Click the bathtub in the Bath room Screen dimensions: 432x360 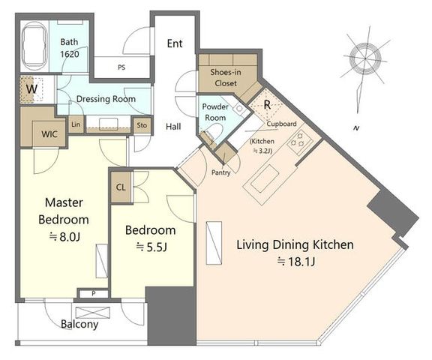click(x=34, y=46)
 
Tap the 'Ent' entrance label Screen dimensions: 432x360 click(x=175, y=43)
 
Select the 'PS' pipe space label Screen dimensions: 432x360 click(x=121, y=67)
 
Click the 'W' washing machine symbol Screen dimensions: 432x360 click(x=31, y=89)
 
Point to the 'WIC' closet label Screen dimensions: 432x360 click(x=49, y=134)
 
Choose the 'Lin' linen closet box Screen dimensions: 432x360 click(x=76, y=124)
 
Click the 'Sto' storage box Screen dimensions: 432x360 click(x=142, y=125)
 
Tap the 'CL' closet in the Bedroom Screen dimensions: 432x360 click(x=121, y=187)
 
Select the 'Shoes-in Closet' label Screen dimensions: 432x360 click(x=226, y=77)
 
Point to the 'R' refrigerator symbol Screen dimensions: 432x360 click(x=266, y=105)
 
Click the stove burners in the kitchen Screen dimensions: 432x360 click(x=300, y=140)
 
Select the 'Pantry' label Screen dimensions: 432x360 click(x=220, y=172)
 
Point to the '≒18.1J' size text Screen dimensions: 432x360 click(x=296, y=261)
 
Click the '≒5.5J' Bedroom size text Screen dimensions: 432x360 click(x=151, y=247)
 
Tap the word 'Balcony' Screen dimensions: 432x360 click(x=79, y=324)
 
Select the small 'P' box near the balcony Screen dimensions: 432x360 click(x=94, y=293)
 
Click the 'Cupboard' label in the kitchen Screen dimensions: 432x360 click(x=281, y=124)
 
